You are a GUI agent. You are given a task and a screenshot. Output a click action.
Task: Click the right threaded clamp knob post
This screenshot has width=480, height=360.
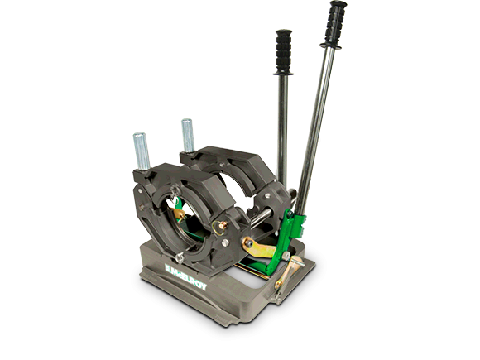pyautogui.click(x=187, y=137)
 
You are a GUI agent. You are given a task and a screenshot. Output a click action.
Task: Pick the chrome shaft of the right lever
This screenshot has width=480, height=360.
pyautogui.click(x=318, y=124)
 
